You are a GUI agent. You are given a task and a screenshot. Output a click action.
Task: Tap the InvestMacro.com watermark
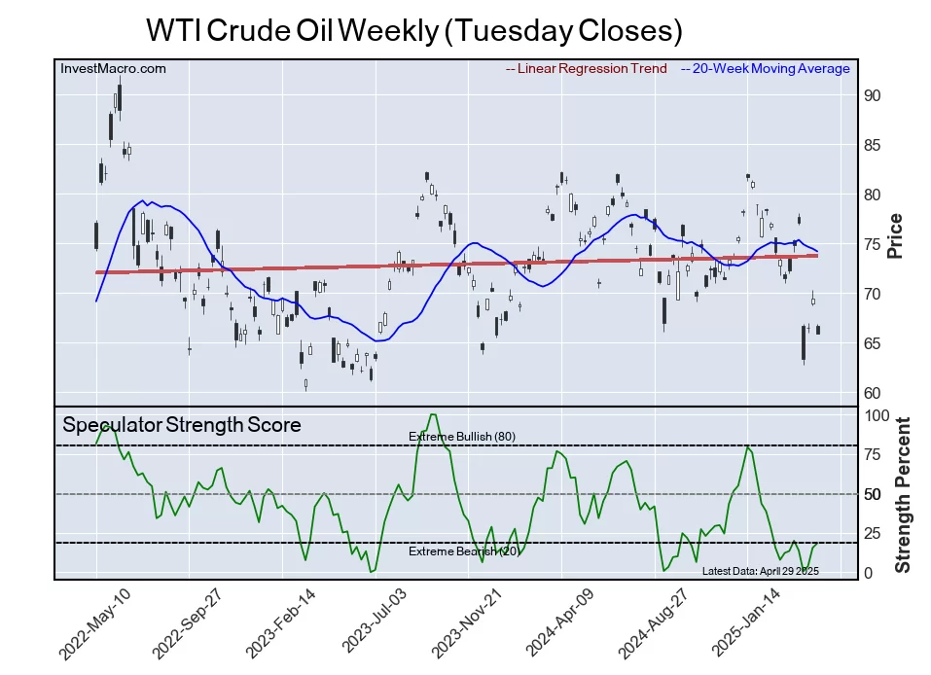coord(113,69)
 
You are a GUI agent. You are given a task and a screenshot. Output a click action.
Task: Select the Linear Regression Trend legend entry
coord(587,69)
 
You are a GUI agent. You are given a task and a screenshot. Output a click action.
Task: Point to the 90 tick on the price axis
coord(872,95)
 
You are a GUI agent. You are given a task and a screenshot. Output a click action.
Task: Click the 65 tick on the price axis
coord(872,343)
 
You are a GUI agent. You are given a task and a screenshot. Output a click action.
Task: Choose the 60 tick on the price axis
coord(872,393)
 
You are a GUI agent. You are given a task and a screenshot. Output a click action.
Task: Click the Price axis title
coord(896,235)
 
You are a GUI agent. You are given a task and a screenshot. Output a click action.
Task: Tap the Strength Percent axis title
coord(903,494)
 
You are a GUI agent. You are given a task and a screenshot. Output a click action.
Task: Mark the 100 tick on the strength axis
coord(876,415)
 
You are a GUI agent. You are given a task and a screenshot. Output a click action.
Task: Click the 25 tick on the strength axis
coord(872,533)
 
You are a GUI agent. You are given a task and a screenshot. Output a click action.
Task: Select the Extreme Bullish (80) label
coord(462,437)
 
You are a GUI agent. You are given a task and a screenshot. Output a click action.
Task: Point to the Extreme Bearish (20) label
coord(463,551)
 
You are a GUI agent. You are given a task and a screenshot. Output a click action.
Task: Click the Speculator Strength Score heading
coord(182,425)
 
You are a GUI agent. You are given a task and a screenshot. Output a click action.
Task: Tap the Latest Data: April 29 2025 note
coord(761,571)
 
